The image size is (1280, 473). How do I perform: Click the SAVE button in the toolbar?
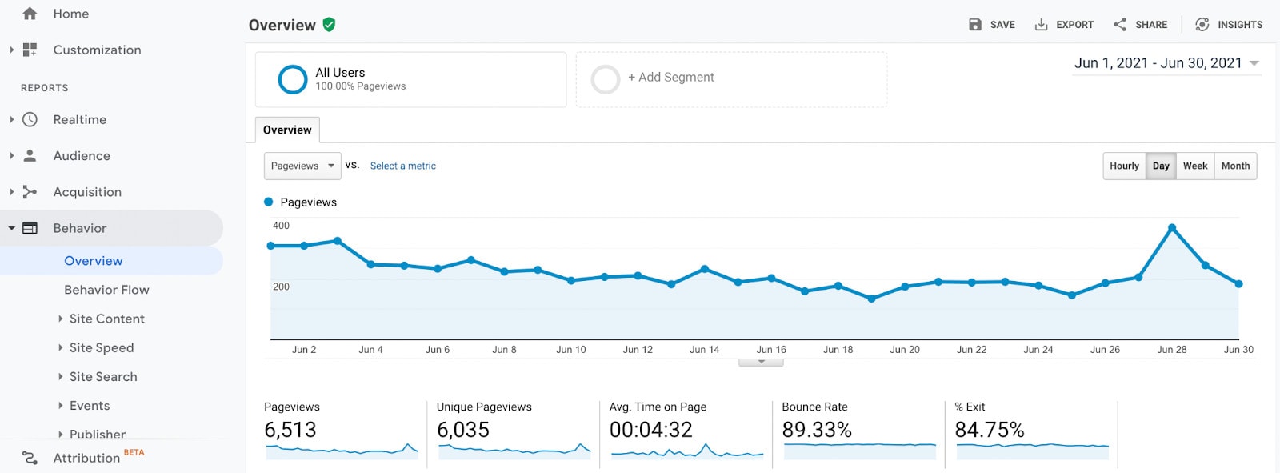click(x=992, y=25)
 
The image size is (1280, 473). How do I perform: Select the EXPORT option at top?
click(x=1064, y=25)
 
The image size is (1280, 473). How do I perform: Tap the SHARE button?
click(x=1141, y=25)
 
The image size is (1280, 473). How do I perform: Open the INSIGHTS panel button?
click(x=1229, y=25)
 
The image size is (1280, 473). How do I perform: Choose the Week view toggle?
click(x=1195, y=166)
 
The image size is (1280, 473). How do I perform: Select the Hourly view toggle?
click(x=1124, y=166)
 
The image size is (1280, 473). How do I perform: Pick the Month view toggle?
click(x=1235, y=166)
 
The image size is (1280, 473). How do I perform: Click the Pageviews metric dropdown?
click(x=302, y=166)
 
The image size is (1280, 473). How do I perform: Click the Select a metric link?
click(x=402, y=166)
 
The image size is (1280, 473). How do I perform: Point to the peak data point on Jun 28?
click(x=1172, y=228)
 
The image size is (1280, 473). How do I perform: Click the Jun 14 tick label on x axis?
click(x=704, y=350)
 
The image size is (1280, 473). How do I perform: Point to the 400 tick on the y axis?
click(x=281, y=226)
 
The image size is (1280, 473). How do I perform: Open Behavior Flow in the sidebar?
click(x=106, y=290)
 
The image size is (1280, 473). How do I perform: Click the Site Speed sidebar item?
click(x=102, y=347)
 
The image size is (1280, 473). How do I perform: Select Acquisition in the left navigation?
click(x=87, y=192)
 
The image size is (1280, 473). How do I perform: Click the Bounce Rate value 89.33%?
click(x=817, y=430)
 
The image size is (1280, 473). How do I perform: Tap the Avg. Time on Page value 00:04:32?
click(x=650, y=430)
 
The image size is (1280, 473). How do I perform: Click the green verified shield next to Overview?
click(x=329, y=25)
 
